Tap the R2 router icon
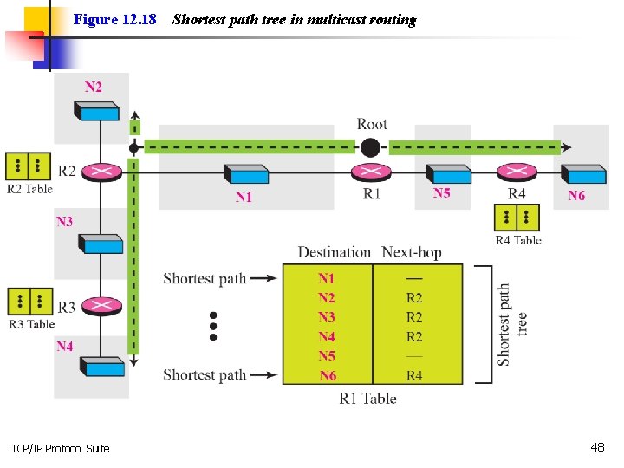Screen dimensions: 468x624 [x=103, y=172]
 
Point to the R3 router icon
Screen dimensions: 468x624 [x=103, y=306]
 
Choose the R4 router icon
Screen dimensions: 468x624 [x=517, y=173]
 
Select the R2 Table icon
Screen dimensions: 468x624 [x=29, y=166]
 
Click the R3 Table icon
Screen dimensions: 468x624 [x=29, y=301]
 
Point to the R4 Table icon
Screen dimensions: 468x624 [x=517, y=218]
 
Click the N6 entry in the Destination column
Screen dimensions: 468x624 [x=328, y=376]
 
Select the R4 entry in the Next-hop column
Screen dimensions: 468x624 [x=414, y=376]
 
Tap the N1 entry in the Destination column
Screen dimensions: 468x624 [x=326, y=278]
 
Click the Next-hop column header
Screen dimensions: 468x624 [x=412, y=253]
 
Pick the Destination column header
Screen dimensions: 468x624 [x=334, y=253]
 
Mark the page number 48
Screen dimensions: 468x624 [x=597, y=447]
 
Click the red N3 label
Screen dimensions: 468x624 [x=65, y=222]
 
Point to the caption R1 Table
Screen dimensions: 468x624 [x=367, y=399]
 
